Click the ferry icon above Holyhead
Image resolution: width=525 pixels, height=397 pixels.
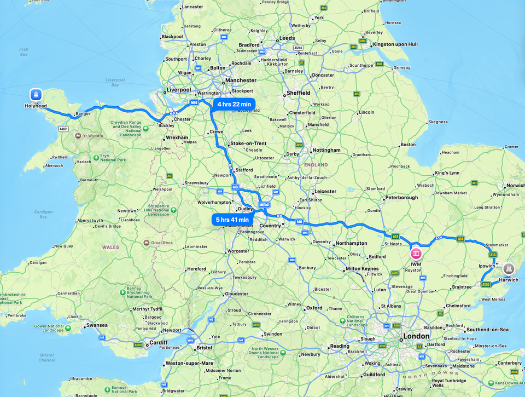[36, 94]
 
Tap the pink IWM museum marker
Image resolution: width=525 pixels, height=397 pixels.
[416, 255]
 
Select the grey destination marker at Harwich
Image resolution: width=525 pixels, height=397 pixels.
[509, 268]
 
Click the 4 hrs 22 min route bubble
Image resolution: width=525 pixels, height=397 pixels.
[234, 104]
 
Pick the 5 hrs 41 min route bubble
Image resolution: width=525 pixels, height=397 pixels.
[233, 220]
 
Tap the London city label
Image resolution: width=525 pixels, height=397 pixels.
[417, 336]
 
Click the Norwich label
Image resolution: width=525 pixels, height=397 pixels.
[515, 186]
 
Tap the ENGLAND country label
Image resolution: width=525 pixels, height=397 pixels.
[316, 165]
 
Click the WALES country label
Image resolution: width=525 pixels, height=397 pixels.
[110, 247]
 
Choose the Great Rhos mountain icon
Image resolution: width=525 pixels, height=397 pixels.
[147, 243]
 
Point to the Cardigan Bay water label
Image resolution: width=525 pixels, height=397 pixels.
[43, 214]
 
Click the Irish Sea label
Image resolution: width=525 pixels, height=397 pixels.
[24, 52]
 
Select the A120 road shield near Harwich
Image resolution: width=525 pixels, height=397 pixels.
[486, 284]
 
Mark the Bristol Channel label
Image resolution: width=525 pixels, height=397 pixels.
[47, 358]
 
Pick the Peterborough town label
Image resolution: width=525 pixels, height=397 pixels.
[402, 198]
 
